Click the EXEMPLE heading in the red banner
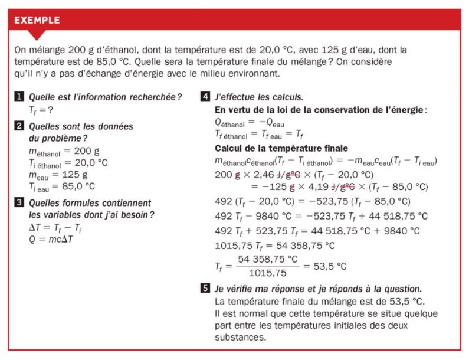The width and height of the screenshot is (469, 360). [37, 20]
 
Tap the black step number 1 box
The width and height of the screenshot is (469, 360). [19, 97]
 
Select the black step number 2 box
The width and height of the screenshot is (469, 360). [19, 126]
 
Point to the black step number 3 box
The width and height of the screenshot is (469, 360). [19, 202]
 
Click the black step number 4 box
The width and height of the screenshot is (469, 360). [205, 97]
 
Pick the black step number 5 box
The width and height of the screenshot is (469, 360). [205, 289]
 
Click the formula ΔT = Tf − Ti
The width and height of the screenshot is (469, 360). [54, 228]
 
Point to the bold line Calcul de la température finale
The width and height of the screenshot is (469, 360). [281, 148]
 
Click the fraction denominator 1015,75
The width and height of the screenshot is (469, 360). [268, 273]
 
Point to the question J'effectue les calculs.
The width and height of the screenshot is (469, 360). [259, 97]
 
